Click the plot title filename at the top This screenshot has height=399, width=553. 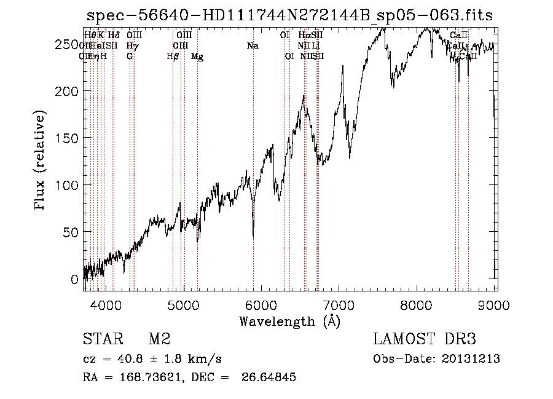click(289, 15)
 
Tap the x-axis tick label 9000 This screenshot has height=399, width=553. click(496, 306)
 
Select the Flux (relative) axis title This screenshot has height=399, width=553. click(41, 161)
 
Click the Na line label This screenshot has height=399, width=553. click(253, 46)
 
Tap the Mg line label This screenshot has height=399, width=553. click(197, 57)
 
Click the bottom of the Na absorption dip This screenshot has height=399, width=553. click(253, 235)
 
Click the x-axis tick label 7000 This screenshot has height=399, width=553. click(340, 306)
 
